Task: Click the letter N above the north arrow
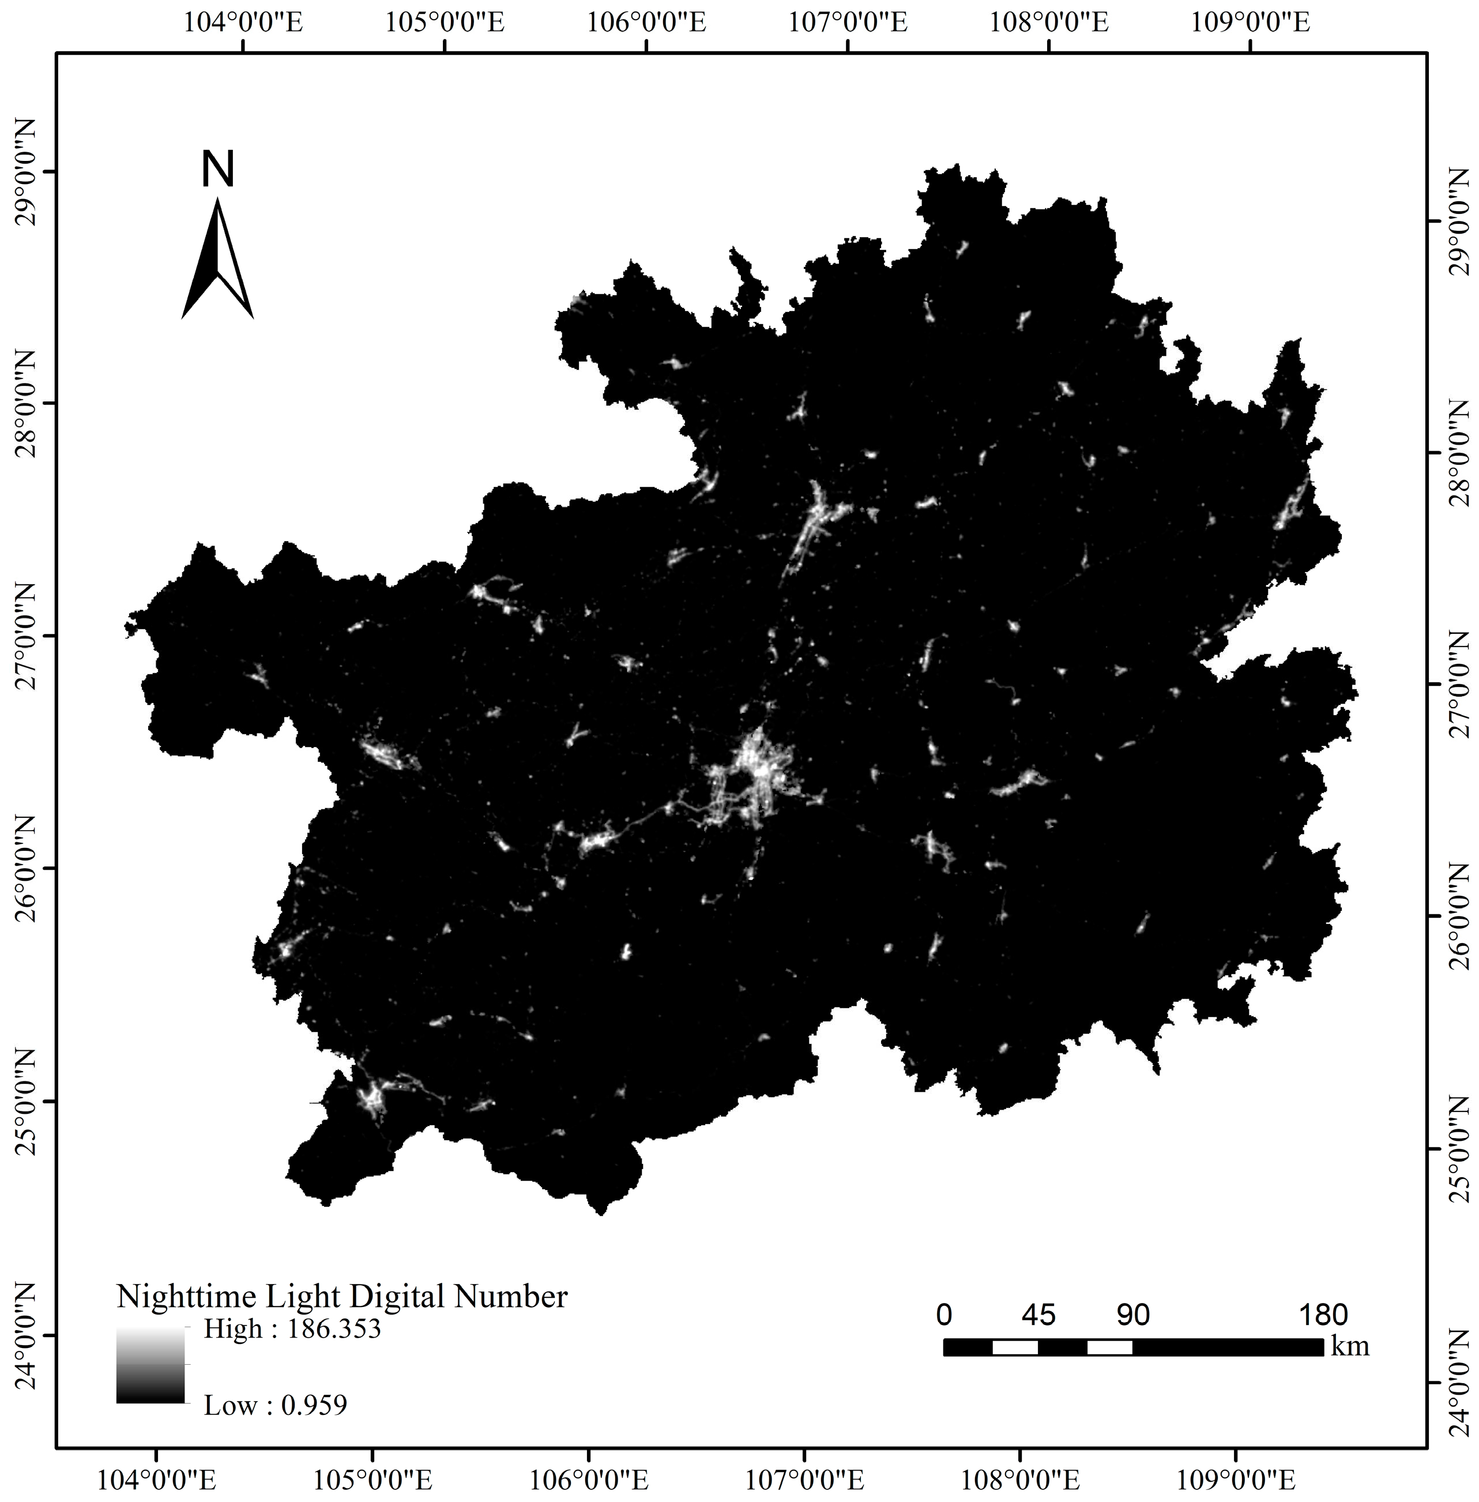point(217,170)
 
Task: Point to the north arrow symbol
point(217,260)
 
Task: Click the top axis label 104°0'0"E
point(244,22)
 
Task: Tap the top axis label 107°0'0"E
point(848,22)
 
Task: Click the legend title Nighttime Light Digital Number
point(342,1296)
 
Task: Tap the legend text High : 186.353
point(292,1329)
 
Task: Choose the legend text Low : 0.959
point(275,1405)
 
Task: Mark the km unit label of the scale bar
point(1350,1346)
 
